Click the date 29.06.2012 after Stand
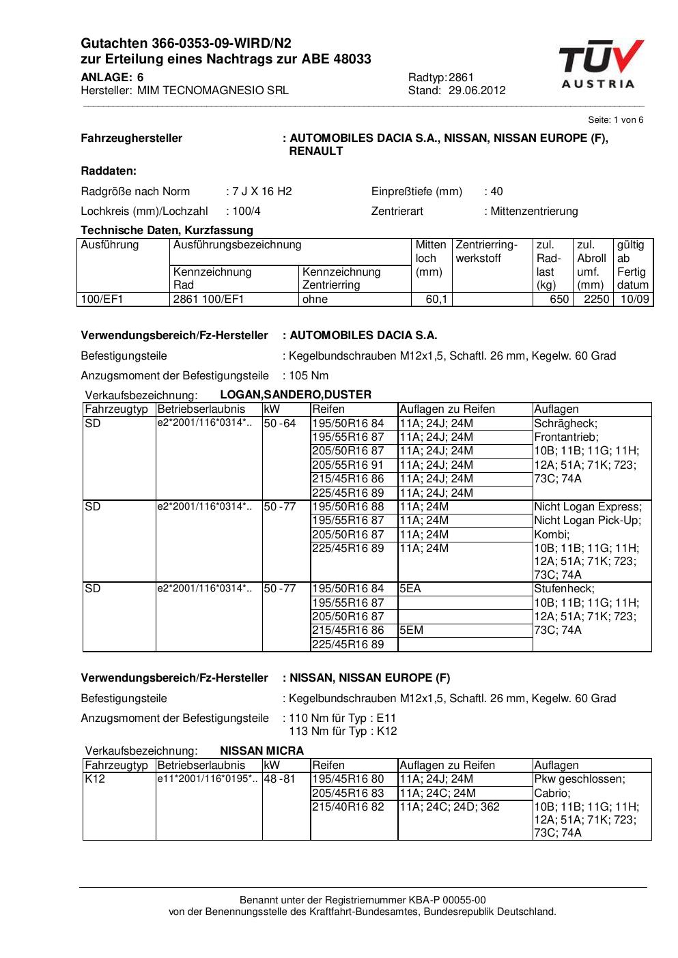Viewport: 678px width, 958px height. click(x=477, y=91)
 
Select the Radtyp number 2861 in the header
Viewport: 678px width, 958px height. click(x=461, y=78)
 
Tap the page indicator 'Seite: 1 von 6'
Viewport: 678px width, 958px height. click(x=615, y=120)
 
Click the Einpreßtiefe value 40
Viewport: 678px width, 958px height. click(x=496, y=192)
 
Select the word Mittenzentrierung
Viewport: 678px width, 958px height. click(x=534, y=212)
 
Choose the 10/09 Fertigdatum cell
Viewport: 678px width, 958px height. click(x=634, y=300)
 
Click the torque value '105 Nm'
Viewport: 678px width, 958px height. click(x=309, y=376)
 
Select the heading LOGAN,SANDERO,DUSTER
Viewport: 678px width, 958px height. click(x=296, y=395)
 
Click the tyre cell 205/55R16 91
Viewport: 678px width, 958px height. click(x=348, y=465)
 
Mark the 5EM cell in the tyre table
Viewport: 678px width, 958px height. click(x=412, y=630)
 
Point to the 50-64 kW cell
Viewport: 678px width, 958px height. click(x=280, y=424)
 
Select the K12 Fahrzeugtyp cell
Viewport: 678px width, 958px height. click(x=95, y=779)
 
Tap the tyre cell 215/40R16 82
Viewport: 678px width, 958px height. click(x=348, y=807)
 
